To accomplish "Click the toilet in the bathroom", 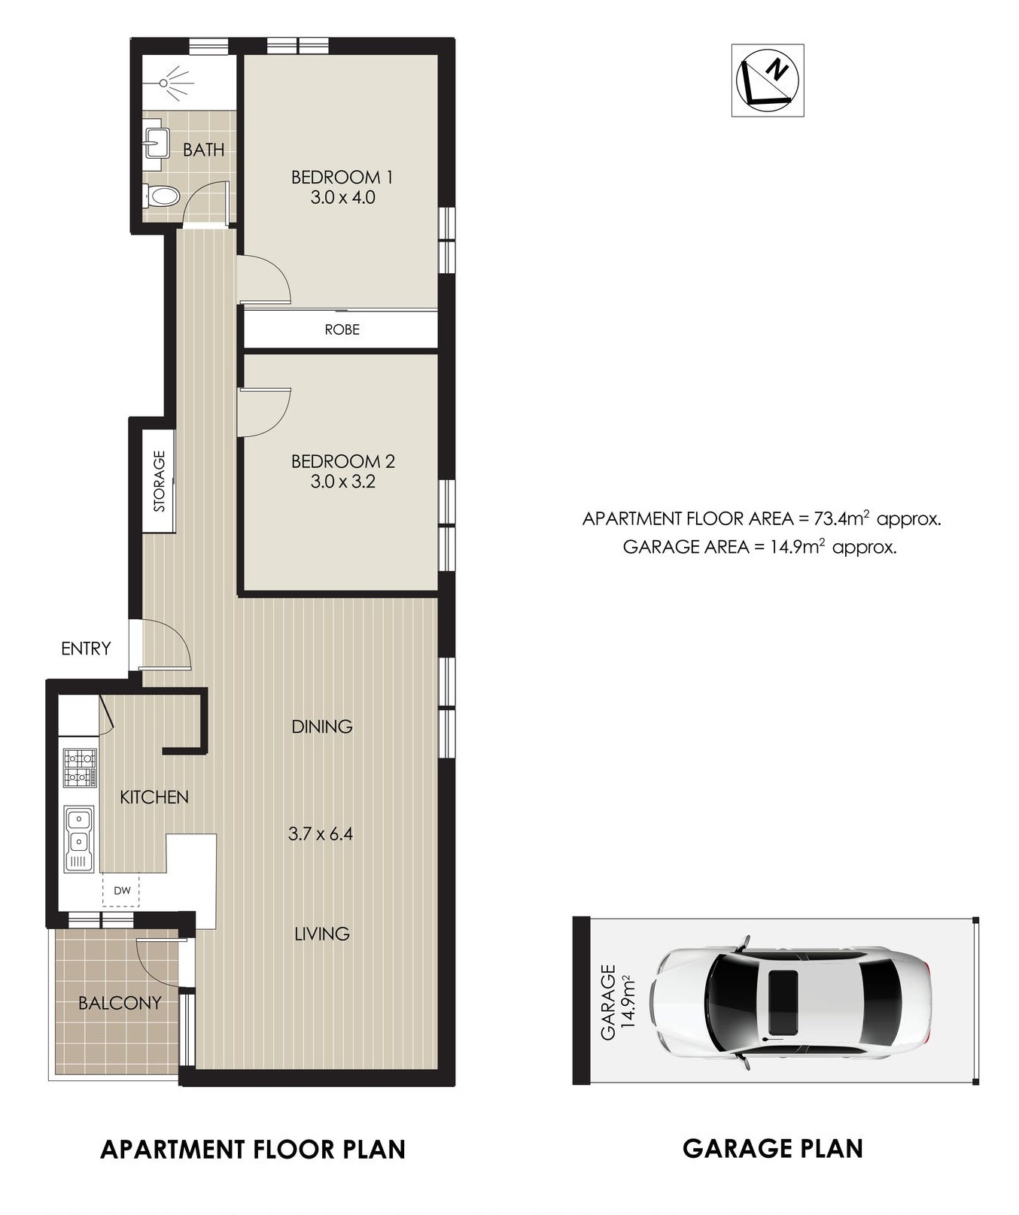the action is [160, 196].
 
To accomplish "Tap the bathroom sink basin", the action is [155, 140].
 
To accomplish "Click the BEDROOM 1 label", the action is [342, 178].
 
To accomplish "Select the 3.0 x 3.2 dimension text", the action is [342, 481].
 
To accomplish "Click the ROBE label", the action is [342, 330].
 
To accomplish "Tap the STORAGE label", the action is [160, 481].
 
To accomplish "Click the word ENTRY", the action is [86, 649].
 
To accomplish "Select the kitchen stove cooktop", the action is [80, 767].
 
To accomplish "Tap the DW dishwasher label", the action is [122, 891].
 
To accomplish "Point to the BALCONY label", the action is [120, 1003].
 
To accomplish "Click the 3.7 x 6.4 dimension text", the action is [321, 834].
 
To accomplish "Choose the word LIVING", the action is [322, 934].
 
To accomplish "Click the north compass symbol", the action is [768, 80].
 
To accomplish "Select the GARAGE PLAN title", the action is [773, 1149].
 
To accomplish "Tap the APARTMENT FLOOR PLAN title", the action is [253, 1150].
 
